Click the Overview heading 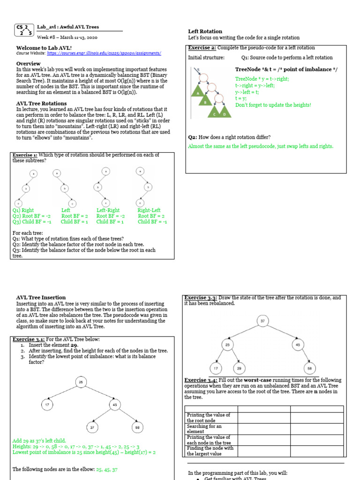(28, 63)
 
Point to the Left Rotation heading (205, 31)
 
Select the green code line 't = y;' (241, 98)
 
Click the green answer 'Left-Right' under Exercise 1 (108, 210)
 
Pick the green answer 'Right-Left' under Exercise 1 (149, 210)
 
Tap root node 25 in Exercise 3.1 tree (81, 382)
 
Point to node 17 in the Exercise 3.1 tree (46, 405)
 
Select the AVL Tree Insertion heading (41, 298)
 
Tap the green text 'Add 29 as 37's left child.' (39, 441)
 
